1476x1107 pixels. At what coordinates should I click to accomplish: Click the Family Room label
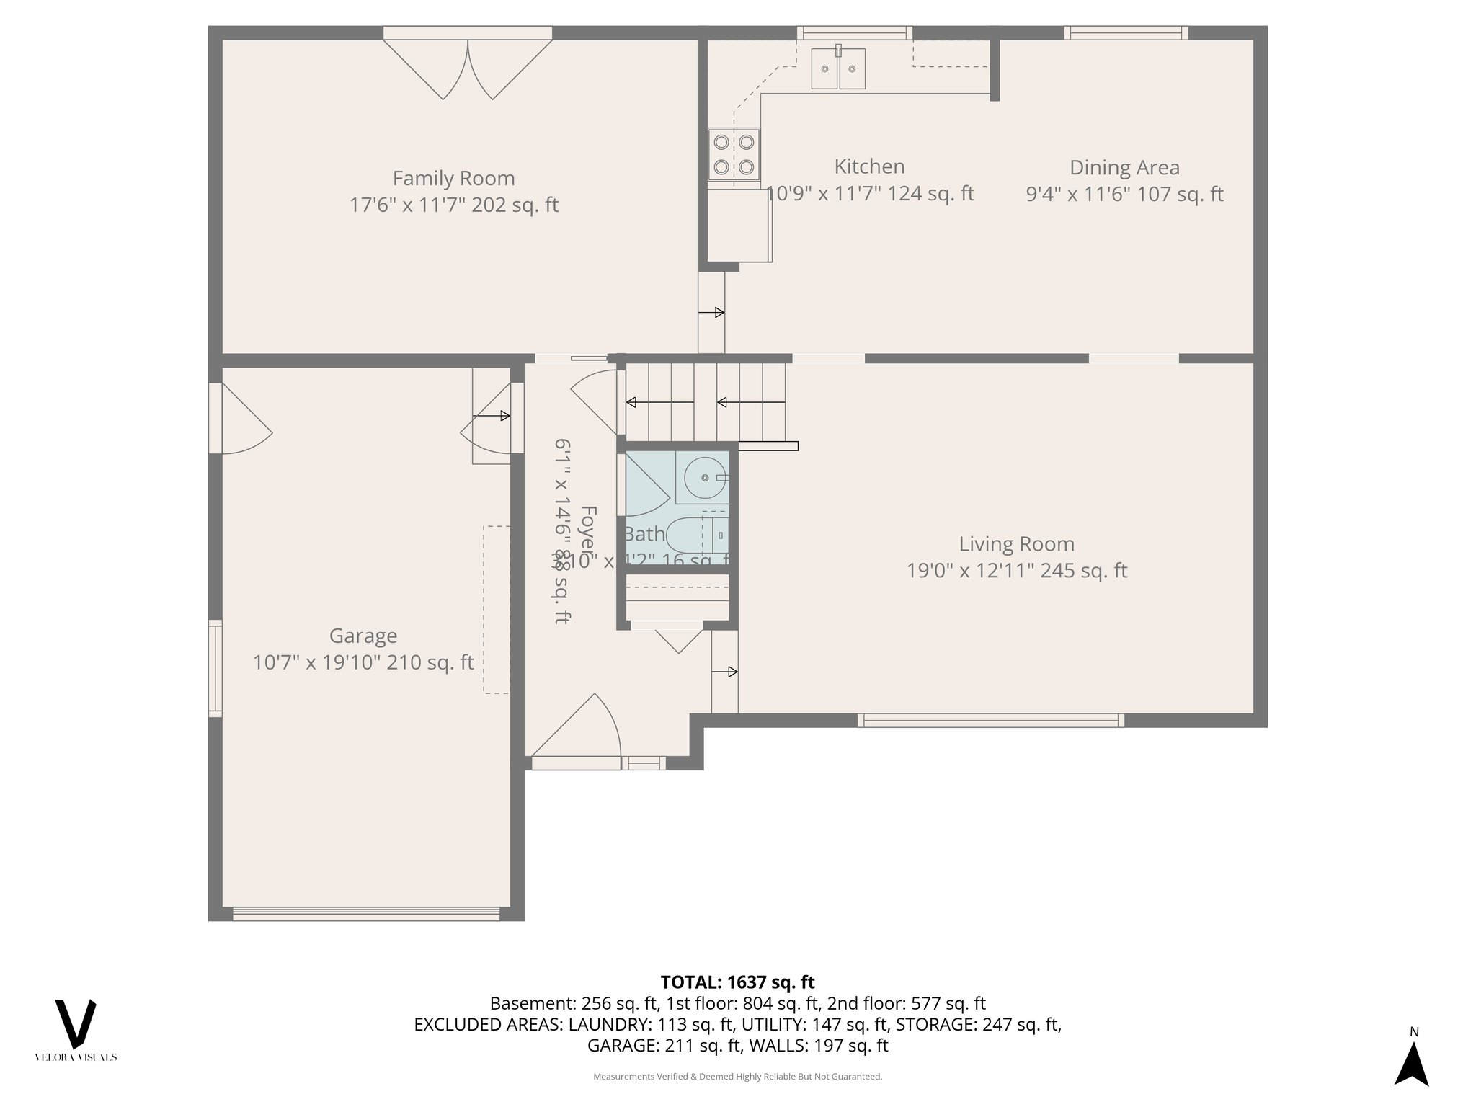click(453, 179)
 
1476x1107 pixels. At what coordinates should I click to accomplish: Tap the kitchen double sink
click(838, 69)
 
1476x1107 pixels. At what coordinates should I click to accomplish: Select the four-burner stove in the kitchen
click(734, 154)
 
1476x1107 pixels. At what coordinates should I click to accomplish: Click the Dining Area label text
click(1124, 168)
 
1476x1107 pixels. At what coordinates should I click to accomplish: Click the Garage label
click(363, 636)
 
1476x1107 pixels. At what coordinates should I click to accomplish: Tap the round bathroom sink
click(704, 478)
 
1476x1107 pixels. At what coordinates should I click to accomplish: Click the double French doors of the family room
click(468, 68)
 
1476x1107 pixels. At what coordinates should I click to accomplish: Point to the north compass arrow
click(1413, 1063)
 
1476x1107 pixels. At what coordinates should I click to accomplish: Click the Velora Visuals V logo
click(76, 1023)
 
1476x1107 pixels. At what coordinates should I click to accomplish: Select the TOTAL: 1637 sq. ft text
click(737, 982)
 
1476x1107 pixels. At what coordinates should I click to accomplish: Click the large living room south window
click(990, 719)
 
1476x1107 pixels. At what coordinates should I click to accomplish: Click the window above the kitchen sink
click(854, 32)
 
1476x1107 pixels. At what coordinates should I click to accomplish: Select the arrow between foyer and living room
click(725, 672)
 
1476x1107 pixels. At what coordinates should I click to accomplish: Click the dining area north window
click(1126, 32)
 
